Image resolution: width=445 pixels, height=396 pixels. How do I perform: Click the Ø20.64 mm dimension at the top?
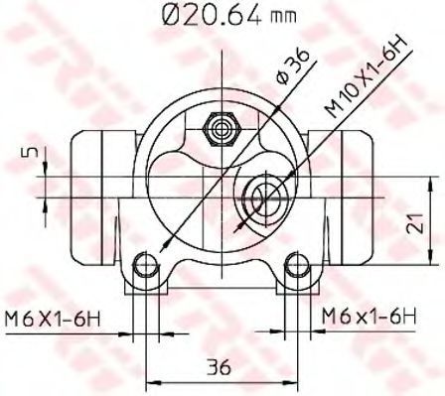pos(229,16)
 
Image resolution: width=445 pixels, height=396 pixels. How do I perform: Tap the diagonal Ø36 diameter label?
pos(293,66)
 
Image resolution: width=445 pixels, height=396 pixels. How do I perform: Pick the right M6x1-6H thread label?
pos(370,317)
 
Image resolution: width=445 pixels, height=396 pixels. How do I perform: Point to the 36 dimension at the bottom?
pos(219,366)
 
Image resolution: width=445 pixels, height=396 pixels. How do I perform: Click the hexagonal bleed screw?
pos(221,128)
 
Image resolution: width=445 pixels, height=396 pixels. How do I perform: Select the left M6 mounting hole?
pos(145,265)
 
